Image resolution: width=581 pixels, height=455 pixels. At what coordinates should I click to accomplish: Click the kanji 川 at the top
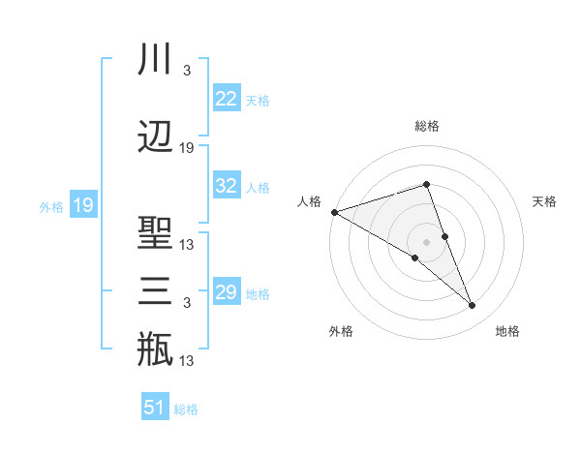(155, 60)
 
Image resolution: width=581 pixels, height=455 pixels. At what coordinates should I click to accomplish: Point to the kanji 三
(155, 291)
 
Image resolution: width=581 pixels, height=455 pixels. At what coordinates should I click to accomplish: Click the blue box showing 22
(226, 99)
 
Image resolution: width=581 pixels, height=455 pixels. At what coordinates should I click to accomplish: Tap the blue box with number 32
(226, 186)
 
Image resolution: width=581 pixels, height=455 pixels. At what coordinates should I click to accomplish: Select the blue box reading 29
(226, 292)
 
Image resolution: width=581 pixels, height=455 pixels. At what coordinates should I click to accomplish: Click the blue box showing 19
(82, 205)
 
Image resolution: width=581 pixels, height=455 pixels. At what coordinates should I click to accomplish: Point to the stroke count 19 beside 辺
(187, 148)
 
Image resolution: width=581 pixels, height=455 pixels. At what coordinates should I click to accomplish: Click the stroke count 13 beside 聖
(187, 245)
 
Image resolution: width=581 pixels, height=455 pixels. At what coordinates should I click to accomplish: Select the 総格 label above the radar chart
(426, 126)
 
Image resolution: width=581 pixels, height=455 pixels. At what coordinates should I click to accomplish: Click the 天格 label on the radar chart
(544, 201)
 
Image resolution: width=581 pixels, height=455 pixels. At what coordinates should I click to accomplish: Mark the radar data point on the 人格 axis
(334, 211)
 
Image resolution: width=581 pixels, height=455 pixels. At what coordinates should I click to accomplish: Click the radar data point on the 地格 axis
(473, 305)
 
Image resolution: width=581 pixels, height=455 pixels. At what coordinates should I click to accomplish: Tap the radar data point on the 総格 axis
(426, 184)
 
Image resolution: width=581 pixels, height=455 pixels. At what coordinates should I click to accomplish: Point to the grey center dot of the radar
(426, 241)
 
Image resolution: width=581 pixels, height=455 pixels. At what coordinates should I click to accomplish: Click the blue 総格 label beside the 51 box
(186, 409)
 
